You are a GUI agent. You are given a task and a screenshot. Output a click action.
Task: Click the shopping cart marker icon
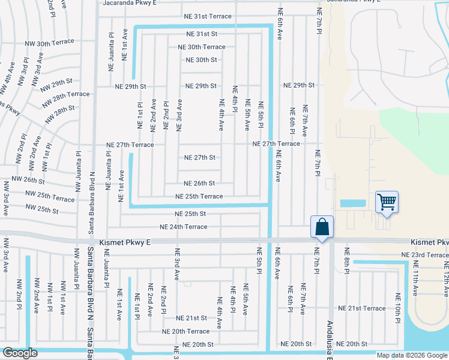(387, 202)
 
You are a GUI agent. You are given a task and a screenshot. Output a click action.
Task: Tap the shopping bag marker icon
(322, 227)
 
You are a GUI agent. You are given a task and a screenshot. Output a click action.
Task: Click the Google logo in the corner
(20, 353)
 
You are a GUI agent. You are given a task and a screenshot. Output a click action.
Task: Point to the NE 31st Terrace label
(208, 16)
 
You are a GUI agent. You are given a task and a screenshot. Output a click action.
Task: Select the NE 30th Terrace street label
(202, 47)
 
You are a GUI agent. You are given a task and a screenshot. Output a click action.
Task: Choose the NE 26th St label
(199, 184)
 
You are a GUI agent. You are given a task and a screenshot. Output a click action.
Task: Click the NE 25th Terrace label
(199, 196)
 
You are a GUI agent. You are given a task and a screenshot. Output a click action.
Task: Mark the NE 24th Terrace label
(183, 227)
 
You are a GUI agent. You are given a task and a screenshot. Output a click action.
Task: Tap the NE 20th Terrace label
(185, 331)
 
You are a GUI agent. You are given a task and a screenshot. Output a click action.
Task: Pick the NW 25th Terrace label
(50, 196)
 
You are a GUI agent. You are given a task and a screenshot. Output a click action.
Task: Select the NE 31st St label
(201, 34)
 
